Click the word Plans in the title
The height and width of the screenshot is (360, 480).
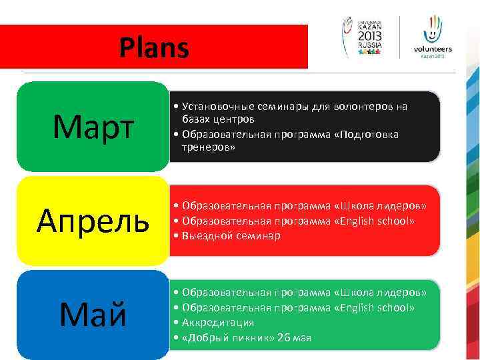(x=154, y=48)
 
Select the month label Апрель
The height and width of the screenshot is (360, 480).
(x=93, y=220)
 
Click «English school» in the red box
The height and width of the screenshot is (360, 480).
(x=378, y=221)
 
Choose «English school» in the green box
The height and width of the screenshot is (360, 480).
(x=378, y=307)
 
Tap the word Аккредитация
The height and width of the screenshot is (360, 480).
(x=217, y=322)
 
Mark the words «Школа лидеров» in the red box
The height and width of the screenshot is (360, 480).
(x=382, y=206)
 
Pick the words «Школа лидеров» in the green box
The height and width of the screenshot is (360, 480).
(x=382, y=293)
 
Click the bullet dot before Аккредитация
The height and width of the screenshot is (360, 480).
(x=175, y=323)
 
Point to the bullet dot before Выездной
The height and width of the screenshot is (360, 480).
(x=175, y=236)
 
